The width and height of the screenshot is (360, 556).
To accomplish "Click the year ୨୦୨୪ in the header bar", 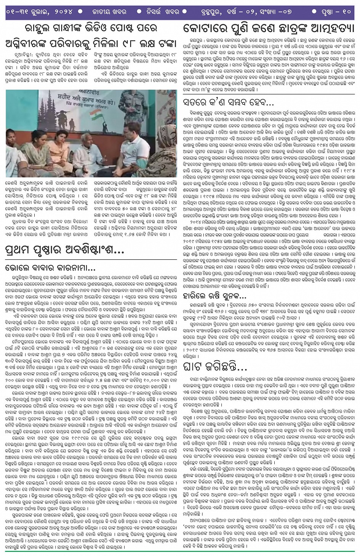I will [x=61, y=12].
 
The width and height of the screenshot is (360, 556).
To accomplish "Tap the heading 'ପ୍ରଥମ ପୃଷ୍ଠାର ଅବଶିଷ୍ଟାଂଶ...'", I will [x=65, y=250].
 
